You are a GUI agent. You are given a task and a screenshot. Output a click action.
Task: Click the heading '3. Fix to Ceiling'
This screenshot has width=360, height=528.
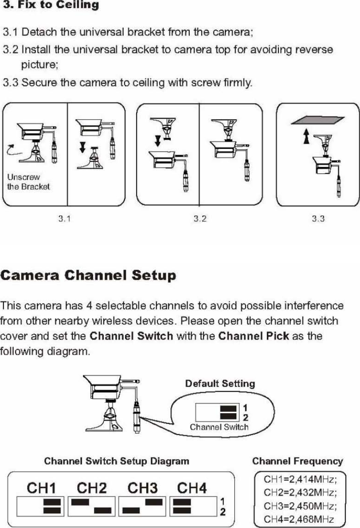(x=51, y=6)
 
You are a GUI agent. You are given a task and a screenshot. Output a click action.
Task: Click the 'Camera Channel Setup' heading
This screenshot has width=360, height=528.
(x=89, y=276)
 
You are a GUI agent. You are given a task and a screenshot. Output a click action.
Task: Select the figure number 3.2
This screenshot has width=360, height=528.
(x=200, y=219)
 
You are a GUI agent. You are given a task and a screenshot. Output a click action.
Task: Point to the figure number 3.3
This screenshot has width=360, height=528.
(x=318, y=219)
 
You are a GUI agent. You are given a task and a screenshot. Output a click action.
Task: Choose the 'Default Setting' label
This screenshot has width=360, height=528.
(x=220, y=383)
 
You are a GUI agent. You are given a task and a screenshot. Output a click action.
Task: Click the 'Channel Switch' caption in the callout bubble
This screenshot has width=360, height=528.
(x=219, y=427)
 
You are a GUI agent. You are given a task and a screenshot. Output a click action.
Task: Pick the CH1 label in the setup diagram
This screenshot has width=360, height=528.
(x=42, y=489)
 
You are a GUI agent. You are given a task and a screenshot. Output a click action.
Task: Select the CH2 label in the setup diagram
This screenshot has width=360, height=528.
(x=92, y=489)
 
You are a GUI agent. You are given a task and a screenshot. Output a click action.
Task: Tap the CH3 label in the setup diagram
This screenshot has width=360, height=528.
(x=143, y=489)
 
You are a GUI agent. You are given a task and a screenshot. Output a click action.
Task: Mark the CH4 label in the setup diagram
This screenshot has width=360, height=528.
(x=192, y=489)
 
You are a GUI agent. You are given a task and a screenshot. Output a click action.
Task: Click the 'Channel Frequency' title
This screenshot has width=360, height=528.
(x=297, y=462)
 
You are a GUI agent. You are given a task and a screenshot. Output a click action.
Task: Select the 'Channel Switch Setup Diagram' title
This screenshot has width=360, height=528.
(x=117, y=462)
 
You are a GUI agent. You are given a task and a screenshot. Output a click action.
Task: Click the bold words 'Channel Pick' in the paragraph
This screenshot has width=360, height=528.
(x=254, y=336)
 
